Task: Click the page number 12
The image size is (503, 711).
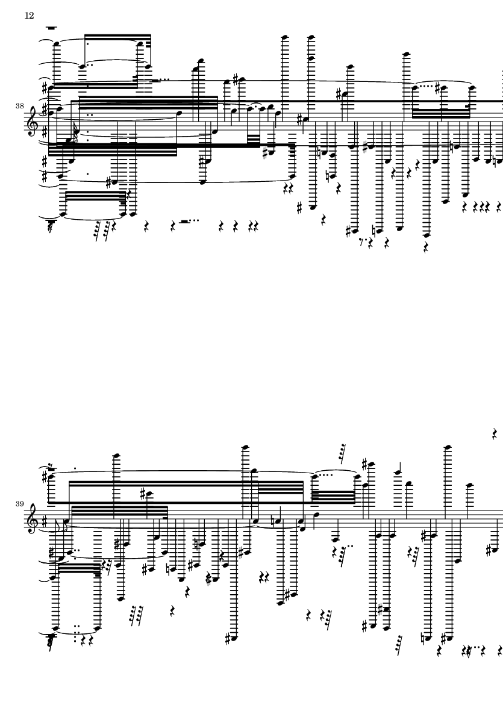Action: click(x=29, y=16)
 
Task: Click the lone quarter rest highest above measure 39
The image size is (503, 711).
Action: click(x=494, y=434)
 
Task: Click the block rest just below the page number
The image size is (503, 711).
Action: click(x=51, y=28)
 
